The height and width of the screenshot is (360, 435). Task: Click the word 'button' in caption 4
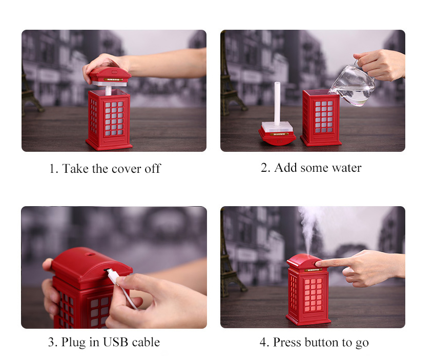coord(322,342)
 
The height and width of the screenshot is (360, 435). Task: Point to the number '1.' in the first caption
coord(53,169)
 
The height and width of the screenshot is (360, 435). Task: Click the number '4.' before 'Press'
coord(264,342)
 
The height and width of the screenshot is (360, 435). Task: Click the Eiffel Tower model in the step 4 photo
coord(229,256)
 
